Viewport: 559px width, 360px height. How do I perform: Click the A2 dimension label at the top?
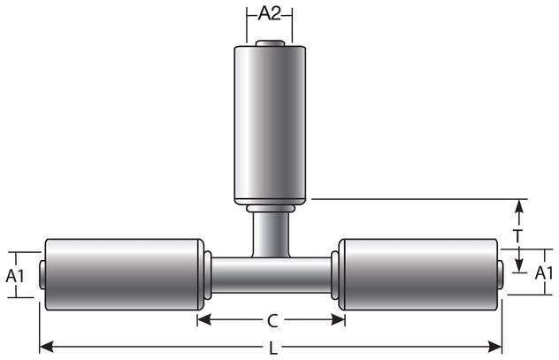pyautogui.click(x=270, y=13)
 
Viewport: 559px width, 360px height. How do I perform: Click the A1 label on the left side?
pyautogui.click(x=16, y=275)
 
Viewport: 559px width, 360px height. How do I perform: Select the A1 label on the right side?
pyautogui.click(x=546, y=275)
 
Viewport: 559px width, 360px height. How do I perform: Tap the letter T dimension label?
pyautogui.click(x=520, y=236)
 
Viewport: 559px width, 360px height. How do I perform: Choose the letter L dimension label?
pyautogui.click(x=272, y=348)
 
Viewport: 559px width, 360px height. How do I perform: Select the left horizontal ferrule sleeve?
pyautogui.click(x=124, y=273)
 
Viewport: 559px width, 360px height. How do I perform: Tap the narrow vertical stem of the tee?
pyautogui.click(x=270, y=235)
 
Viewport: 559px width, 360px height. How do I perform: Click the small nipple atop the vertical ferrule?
pyautogui.click(x=270, y=43)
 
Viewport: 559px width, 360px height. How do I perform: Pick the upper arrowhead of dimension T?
pyautogui.click(x=520, y=206)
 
